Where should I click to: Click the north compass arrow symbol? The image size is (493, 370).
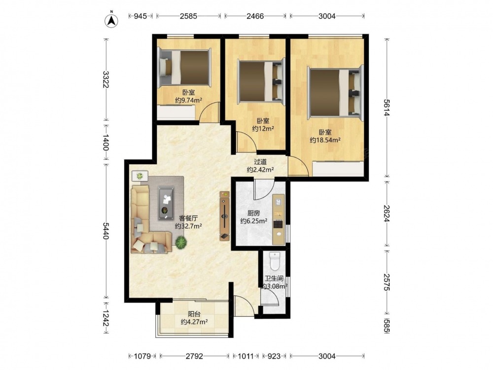point(111,20)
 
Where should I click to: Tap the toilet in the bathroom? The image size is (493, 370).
point(275,261)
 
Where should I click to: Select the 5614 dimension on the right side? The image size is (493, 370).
point(387,108)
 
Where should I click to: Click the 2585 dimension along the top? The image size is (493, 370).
point(188,16)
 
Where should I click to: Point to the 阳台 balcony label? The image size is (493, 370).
point(194,314)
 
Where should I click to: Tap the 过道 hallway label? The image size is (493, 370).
point(260,162)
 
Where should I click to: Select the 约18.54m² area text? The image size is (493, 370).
point(325,140)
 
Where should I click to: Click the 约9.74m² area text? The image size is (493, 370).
point(188,100)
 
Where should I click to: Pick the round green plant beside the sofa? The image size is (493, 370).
point(181,242)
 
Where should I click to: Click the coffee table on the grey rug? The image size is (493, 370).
point(166,203)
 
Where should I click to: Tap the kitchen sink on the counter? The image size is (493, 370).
point(278,201)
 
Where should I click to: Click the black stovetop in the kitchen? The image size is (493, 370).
point(278,224)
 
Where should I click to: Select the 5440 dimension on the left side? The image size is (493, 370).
point(106,230)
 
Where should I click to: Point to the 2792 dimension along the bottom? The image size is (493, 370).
point(194,356)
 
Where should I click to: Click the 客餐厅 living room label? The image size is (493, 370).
point(188,218)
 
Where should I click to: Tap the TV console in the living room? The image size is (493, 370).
point(224,216)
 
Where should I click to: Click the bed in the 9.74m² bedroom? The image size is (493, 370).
point(184,67)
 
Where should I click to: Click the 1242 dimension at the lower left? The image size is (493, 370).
point(106,318)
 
